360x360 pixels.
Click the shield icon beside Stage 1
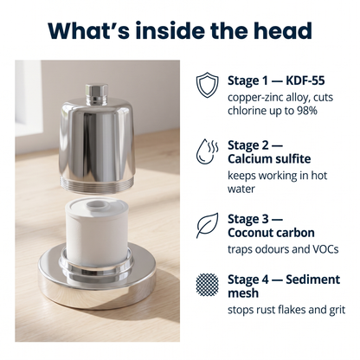[207, 86]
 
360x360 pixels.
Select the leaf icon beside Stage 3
[207, 226]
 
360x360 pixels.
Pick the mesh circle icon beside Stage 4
[207, 285]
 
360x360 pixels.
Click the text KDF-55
[305, 80]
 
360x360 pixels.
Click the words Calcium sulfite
[269, 159]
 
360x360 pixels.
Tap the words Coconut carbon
[271, 233]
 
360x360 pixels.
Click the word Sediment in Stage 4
[313, 280]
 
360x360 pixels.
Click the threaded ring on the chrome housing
[97, 184]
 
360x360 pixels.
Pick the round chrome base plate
[97, 279]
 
